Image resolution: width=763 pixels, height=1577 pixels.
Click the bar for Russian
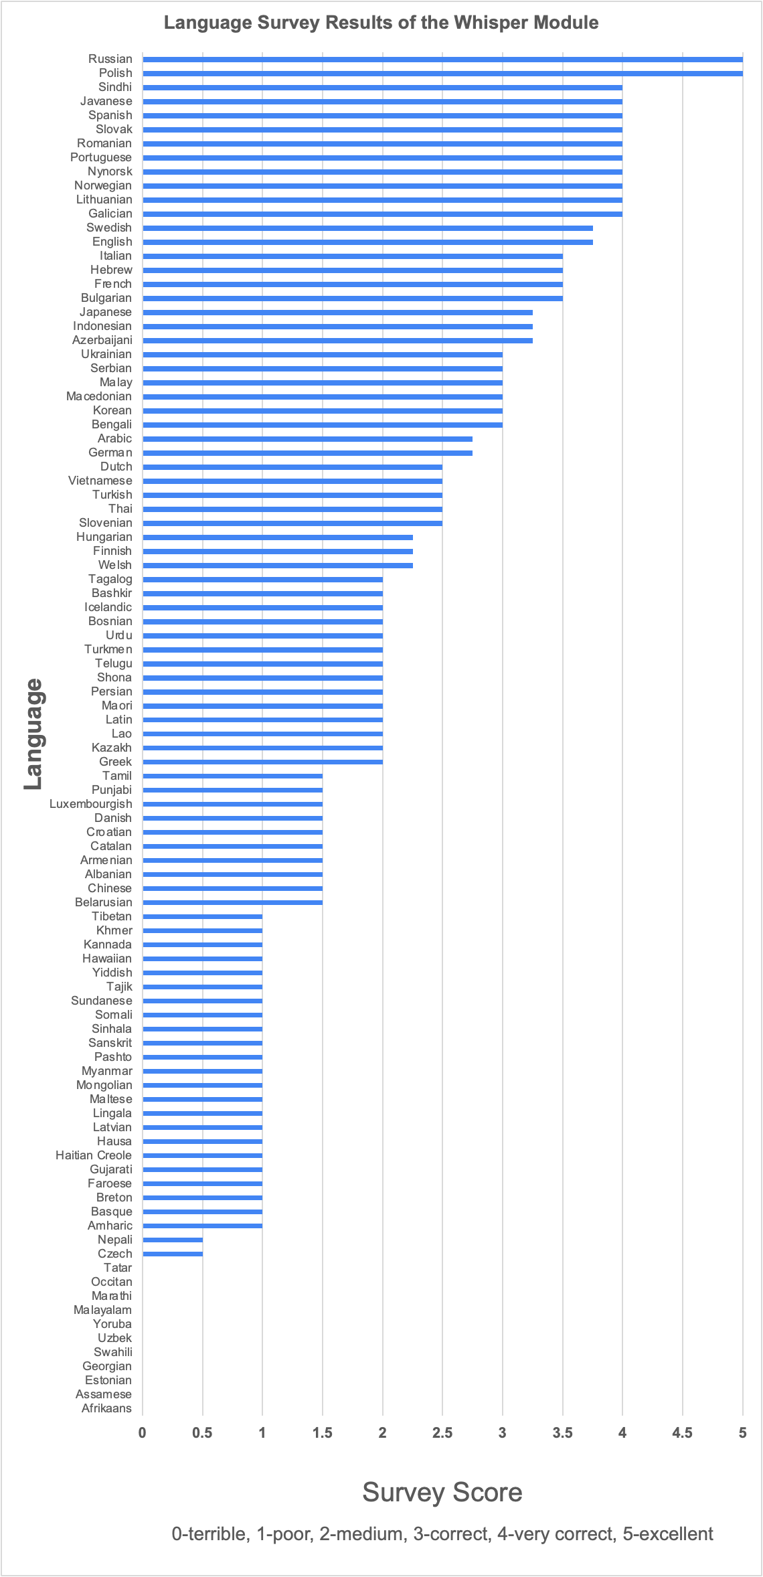click(x=442, y=60)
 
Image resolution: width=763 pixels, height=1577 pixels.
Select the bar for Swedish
click(x=367, y=228)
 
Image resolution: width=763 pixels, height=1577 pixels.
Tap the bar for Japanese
click(x=337, y=313)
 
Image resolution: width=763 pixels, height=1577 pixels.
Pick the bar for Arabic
click(x=307, y=439)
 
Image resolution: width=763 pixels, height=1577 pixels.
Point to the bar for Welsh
click(x=277, y=566)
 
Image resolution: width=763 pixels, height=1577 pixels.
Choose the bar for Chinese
click(x=232, y=889)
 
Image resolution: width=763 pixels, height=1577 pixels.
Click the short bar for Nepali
click(x=172, y=1240)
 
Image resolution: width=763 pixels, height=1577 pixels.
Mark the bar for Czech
click(x=172, y=1254)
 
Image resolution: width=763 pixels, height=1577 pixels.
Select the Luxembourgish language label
click(x=91, y=804)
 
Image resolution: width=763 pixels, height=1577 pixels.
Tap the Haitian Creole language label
click(x=94, y=1155)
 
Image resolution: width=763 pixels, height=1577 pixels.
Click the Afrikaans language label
click(x=106, y=1408)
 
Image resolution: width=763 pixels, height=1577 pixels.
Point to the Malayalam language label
click(x=102, y=1310)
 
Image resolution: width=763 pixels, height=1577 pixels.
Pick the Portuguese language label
click(x=101, y=157)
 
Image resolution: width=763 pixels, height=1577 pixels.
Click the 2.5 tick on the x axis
click(x=442, y=1433)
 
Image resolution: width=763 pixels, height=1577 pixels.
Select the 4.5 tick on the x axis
click(x=682, y=1433)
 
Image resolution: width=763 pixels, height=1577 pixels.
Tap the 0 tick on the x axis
click(x=142, y=1433)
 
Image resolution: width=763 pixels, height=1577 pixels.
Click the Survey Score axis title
click(x=442, y=1493)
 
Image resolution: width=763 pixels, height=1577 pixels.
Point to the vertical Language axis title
click(x=33, y=734)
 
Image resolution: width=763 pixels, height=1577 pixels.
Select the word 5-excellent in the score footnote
click(x=667, y=1533)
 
